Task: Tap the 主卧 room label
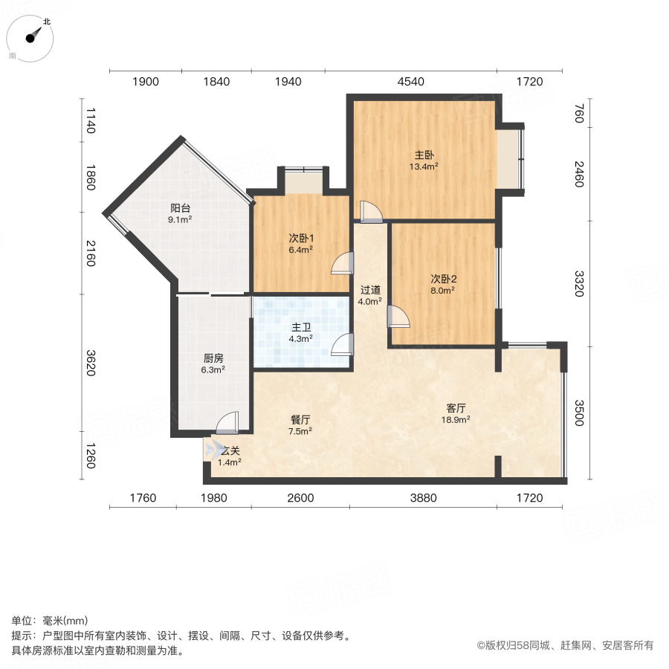click(x=424, y=155)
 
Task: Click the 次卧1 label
click(x=301, y=239)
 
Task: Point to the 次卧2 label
click(x=444, y=279)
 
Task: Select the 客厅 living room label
click(x=456, y=408)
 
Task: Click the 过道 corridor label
click(x=370, y=290)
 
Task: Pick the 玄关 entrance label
click(x=230, y=450)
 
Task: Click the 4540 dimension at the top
click(x=410, y=82)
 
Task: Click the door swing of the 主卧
click(x=370, y=212)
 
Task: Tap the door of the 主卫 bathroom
click(x=343, y=345)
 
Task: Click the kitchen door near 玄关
click(x=227, y=423)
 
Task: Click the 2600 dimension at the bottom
click(x=300, y=497)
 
